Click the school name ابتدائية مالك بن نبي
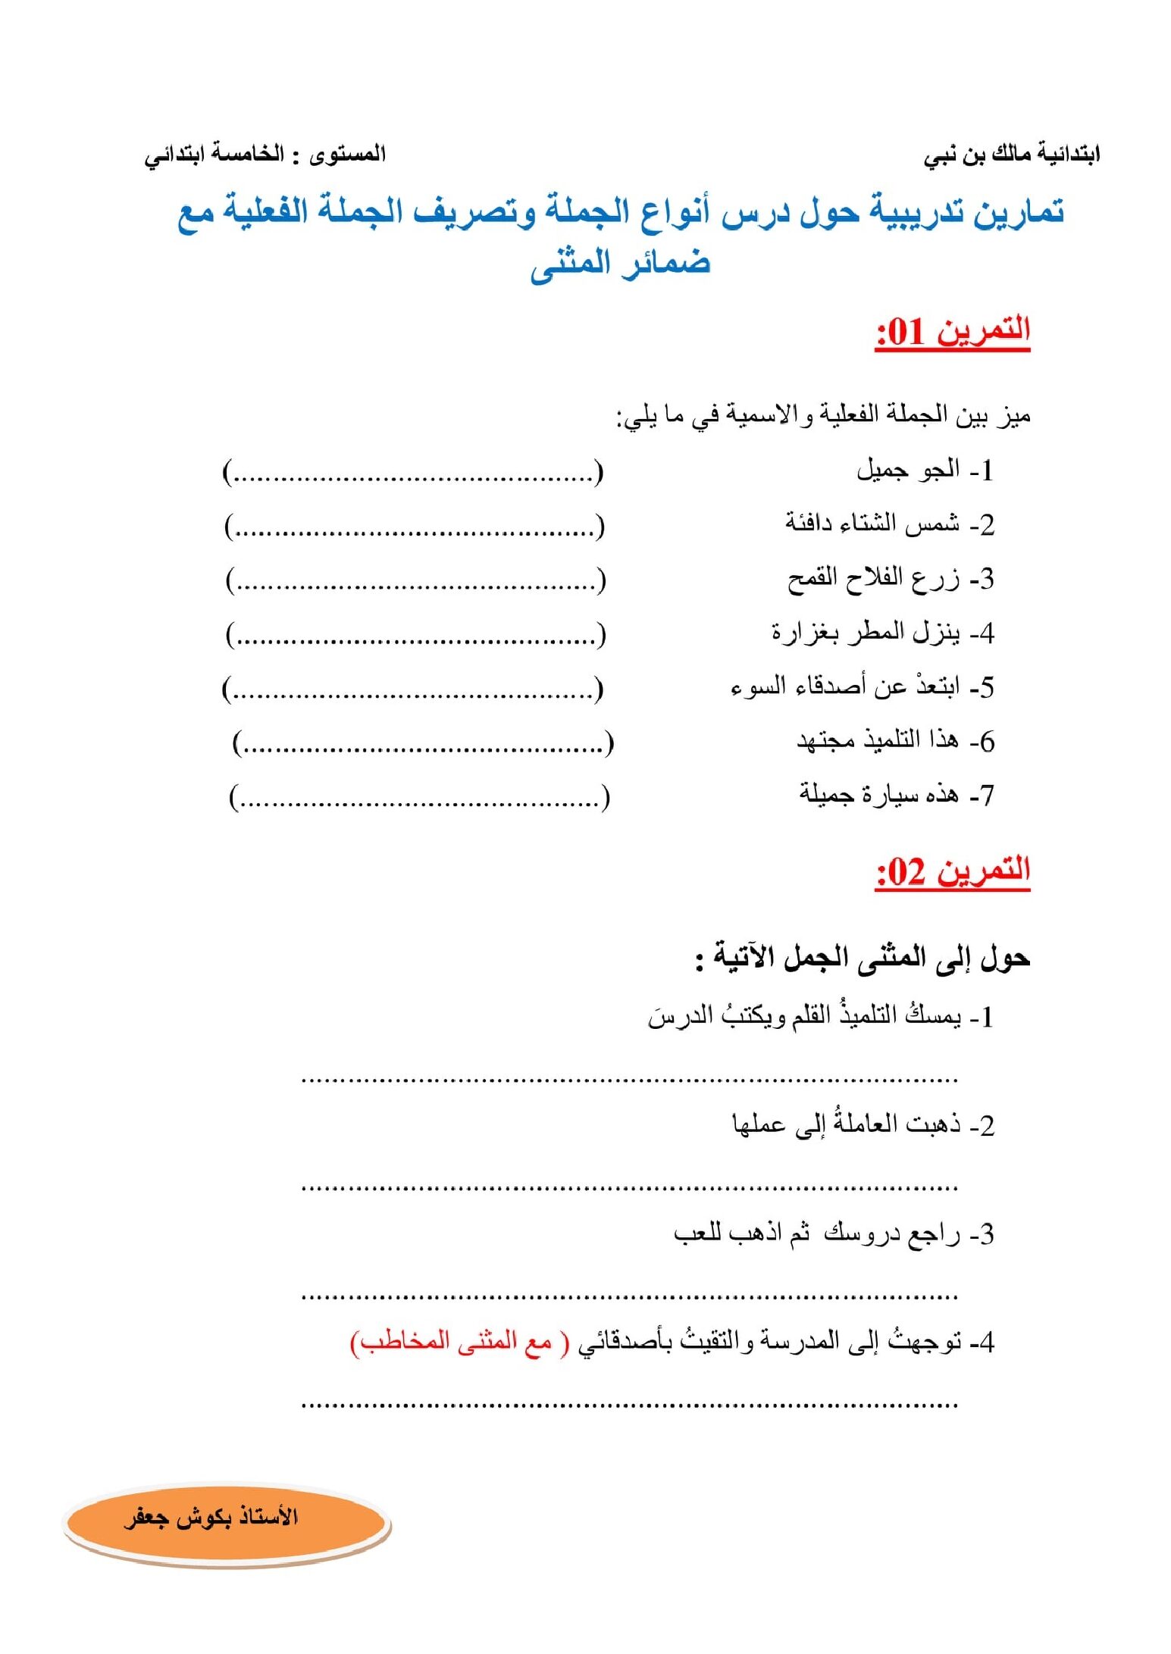[x=1011, y=155]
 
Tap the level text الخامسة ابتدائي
[x=214, y=155]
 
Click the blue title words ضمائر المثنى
[x=620, y=264]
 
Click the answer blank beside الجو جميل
[x=413, y=474]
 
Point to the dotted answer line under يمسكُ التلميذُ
[x=629, y=1079]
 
